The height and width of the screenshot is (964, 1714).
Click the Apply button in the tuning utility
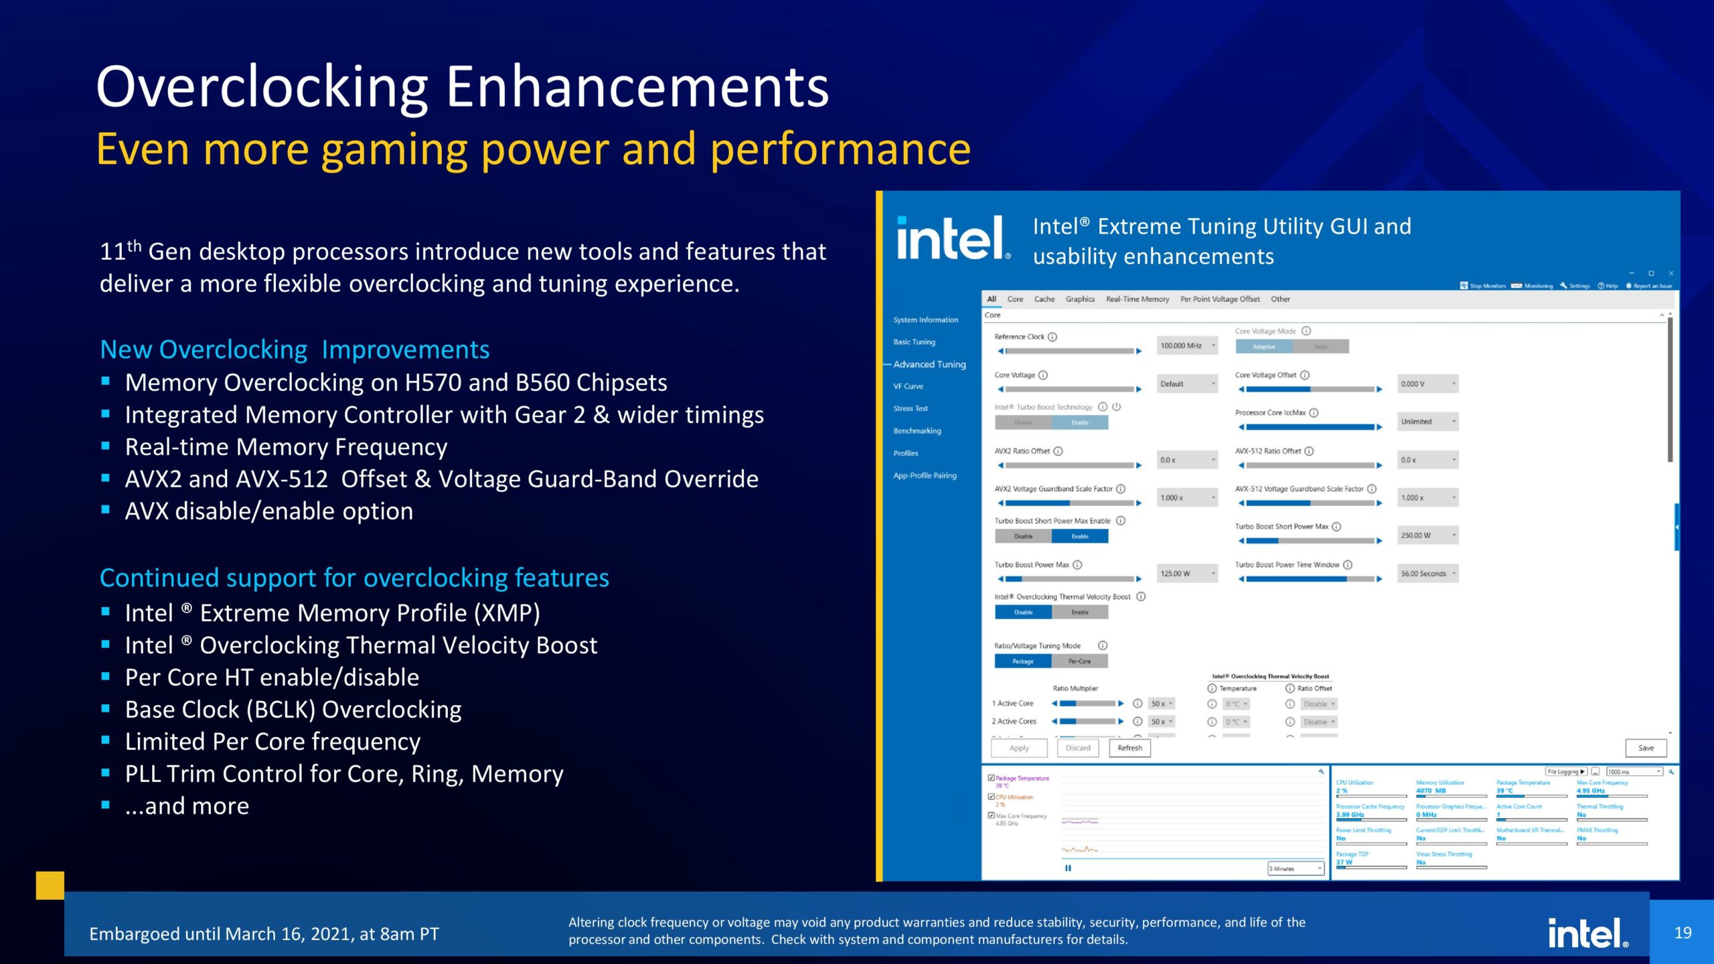tap(1018, 748)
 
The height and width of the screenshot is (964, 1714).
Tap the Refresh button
tap(1129, 748)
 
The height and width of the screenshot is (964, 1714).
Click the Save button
tap(1645, 748)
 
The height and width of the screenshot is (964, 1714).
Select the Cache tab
tap(1044, 299)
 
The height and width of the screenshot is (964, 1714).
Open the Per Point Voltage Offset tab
tap(1219, 299)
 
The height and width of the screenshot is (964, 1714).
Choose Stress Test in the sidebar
tap(910, 408)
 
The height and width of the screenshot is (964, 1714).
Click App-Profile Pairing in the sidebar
tap(925, 475)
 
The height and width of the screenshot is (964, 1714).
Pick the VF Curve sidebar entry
tap(908, 386)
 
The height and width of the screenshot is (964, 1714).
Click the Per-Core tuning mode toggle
tap(1079, 661)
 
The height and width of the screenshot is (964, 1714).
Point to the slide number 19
tap(1683, 933)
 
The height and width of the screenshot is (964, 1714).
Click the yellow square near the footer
tap(50, 885)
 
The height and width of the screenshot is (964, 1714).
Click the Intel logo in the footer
tap(1587, 933)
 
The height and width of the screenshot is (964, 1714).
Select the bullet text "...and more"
tap(187, 806)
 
